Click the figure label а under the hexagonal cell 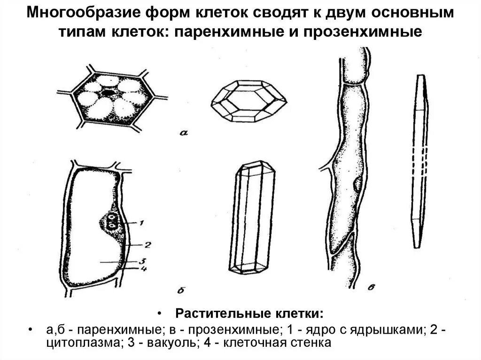coord(184,133)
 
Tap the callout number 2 coord(147,244)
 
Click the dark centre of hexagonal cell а coord(109,93)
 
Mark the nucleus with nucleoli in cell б coord(112,221)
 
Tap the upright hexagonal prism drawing coord(253,218)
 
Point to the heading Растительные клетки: coord(249,313)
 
